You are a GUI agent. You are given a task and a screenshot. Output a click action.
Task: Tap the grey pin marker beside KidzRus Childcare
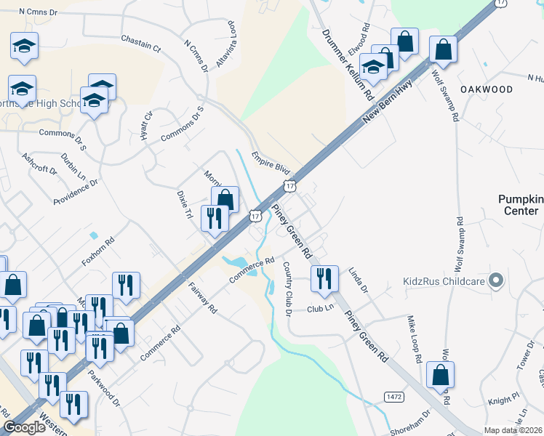(x=497, y=280)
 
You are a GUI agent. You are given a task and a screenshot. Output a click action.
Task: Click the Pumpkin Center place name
(x=520, y=205)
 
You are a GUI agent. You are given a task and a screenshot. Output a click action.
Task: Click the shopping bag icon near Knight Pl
(x=440, y=376)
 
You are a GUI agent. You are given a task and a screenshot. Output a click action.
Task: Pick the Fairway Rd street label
(x=203, y=298)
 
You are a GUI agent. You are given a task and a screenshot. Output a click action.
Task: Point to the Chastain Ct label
(x=140, y=43)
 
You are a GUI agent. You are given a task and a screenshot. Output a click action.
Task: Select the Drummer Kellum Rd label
(x=348, y=66)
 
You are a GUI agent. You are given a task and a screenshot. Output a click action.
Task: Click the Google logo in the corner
(x=24, y=428)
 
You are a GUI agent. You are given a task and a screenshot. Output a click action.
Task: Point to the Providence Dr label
(x=76, y=191)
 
